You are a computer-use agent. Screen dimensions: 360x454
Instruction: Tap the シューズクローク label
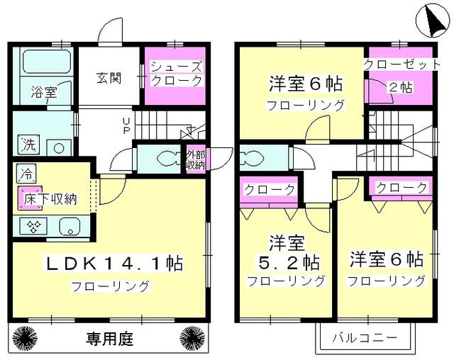176,74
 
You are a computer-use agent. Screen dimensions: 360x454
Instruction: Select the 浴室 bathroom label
43,92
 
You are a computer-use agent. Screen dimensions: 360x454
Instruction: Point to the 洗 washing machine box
26,141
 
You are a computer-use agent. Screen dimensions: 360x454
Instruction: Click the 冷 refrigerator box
26,172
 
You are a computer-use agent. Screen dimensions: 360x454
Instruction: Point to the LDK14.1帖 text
115,264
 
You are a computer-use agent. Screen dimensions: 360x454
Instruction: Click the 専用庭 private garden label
111,335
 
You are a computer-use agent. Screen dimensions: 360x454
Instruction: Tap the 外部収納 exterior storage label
195,159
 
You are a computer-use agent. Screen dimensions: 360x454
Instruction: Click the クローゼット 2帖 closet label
398,74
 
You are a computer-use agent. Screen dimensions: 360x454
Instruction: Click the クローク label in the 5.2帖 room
269,190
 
